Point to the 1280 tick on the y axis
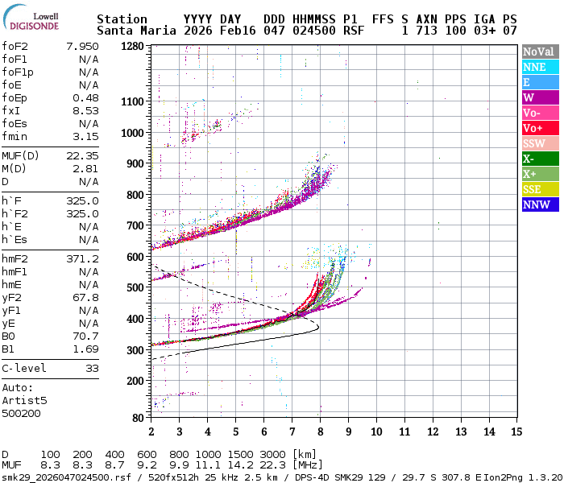(131, 47)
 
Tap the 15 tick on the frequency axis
(516, 431)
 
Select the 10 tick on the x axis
(375, 431)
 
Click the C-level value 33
(92, 368)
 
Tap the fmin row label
(15, 136)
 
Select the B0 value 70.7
(85, 336)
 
